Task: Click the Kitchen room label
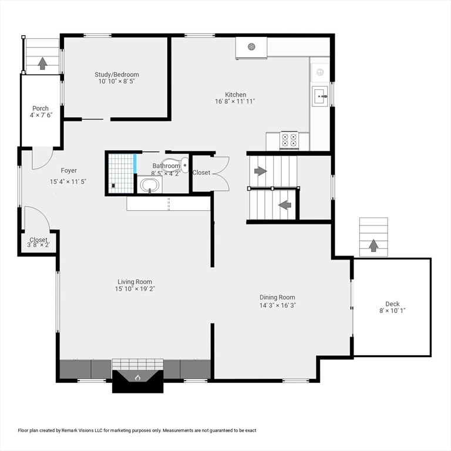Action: [235, 95]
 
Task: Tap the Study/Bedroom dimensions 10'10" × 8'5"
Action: [117, 82]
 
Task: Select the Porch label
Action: [41, 108]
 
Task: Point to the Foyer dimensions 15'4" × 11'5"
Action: [68, 182]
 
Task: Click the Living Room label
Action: [134, 281]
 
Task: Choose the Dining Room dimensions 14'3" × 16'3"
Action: [277, 305]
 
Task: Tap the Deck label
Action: [392, 304]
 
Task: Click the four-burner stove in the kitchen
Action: [288, 140]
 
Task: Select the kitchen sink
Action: [320, 96]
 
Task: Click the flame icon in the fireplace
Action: [138, 377]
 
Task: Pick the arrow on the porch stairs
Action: [42, 62]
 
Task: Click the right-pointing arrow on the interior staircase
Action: [260, 171]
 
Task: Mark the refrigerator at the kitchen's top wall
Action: [251, 47]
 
